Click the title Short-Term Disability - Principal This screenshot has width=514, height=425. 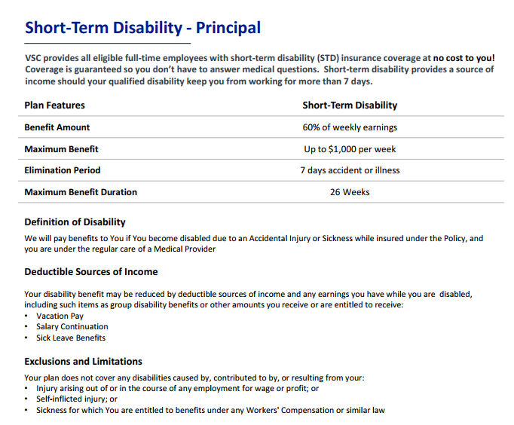coord(142,29)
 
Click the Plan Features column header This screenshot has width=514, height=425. coord(54,105)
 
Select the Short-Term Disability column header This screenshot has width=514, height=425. coord(350,105)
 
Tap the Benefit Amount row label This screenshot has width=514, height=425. coord(57,127)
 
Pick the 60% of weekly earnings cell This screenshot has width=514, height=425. coord(350,127)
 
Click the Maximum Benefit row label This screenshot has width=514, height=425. coord(61,149)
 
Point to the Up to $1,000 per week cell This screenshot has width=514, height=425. coord(350,149)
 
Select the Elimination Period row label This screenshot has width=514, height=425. coord(62,170)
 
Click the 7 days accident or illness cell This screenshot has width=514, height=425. coord(350,170)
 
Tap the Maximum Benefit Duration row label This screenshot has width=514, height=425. coord(81,192)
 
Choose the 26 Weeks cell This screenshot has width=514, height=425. coord(350,192)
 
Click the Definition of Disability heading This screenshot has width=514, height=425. coord(75,222)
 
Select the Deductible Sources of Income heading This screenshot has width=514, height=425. coord(90,271)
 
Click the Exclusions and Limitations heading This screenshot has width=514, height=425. coord(83,361)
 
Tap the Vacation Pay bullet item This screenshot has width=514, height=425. coord(60,316)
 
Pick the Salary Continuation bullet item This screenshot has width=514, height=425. coord(72,326)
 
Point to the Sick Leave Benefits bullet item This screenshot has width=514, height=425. coord(71,338)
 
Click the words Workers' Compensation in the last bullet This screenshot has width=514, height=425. coord(290,411)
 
